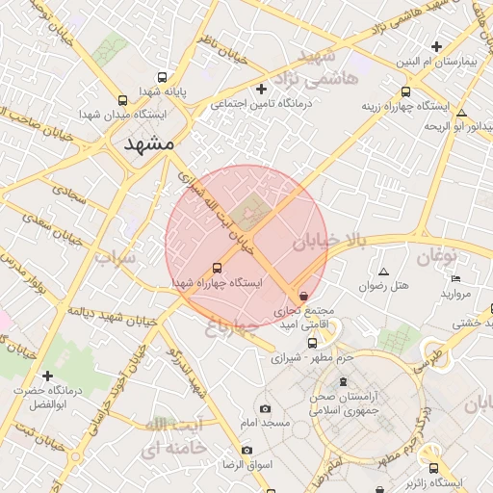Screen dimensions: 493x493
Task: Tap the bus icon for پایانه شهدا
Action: (161, 77)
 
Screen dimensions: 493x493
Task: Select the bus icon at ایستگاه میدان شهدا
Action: (122, 100)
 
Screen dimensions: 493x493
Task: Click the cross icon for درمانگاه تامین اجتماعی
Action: (261, 90)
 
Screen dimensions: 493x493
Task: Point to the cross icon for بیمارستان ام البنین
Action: (437, 46)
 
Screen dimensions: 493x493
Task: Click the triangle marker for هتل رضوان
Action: (384, 272)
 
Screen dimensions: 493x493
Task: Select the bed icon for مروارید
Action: (455, 279)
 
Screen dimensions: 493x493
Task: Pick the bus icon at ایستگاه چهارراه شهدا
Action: (216, 269)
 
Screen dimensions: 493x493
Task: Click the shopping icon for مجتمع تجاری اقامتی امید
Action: (304, 297)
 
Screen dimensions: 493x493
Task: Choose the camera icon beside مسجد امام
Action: (266, 408)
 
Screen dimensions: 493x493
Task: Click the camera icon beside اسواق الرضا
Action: (247, 451)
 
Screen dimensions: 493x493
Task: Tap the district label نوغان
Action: (436, 255)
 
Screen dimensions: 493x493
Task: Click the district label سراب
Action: (116, 259)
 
